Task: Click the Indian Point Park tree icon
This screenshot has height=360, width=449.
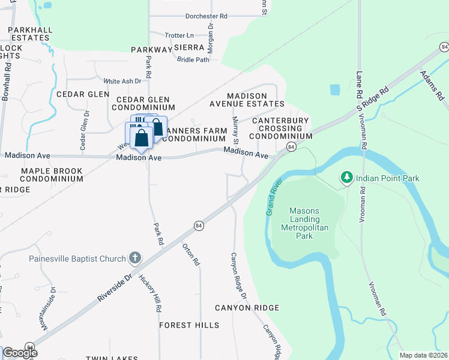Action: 346,178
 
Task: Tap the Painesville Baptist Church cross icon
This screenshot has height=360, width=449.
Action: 135,259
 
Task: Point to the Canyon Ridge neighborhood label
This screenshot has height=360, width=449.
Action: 247,308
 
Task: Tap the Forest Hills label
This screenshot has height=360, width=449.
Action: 189,325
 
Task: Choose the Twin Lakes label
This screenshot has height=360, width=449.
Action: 109,358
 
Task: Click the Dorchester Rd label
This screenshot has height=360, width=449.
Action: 190,16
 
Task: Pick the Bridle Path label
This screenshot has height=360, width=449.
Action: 193,59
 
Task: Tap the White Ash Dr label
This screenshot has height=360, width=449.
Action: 122,81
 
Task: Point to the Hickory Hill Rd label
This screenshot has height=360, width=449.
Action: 150,293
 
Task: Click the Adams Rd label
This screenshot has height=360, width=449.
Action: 432,86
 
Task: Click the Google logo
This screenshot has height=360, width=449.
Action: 20,353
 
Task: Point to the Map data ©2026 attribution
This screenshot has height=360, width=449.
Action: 423,355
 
